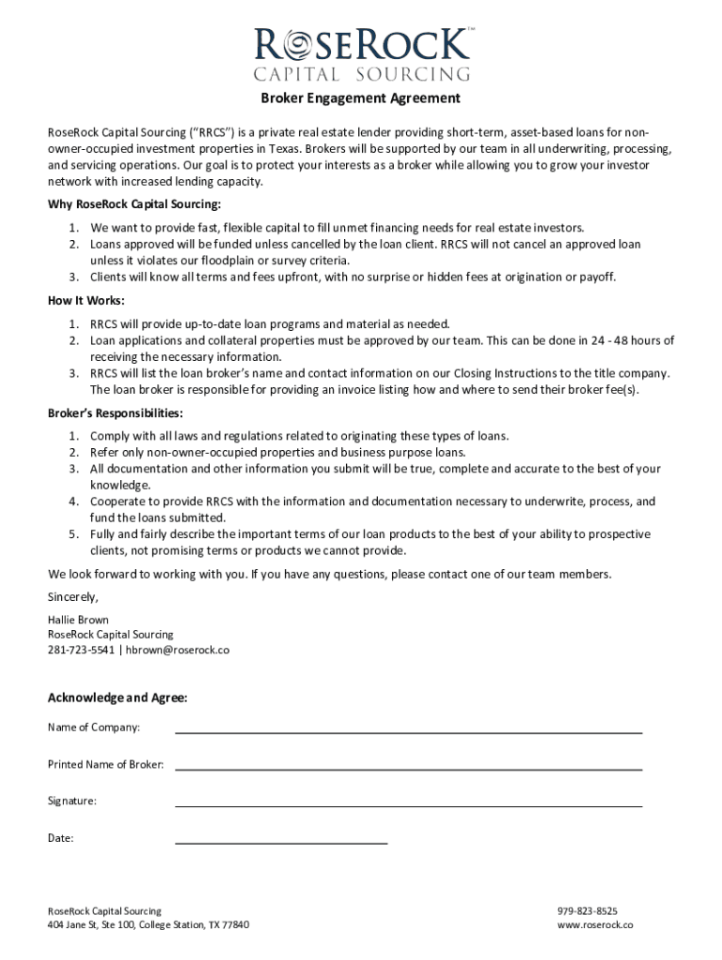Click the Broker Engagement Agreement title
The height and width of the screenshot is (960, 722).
tap(360, 98)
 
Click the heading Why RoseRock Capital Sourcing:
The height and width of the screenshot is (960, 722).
tap(134, 205)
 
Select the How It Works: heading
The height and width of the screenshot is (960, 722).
tap(86, 301)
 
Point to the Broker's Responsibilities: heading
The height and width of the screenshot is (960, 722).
tap(115, 413)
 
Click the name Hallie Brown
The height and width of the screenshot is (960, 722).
tap(78, 620)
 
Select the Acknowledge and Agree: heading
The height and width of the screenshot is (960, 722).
tap(117, 697)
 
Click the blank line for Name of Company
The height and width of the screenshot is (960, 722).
tap(408, 728)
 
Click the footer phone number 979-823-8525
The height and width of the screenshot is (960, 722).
tap(587, 910)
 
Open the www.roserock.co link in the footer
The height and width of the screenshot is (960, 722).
tap(595, 925)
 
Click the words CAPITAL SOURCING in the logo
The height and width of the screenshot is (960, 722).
tap(361, 74)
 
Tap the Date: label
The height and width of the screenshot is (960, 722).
tap(61, 838)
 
